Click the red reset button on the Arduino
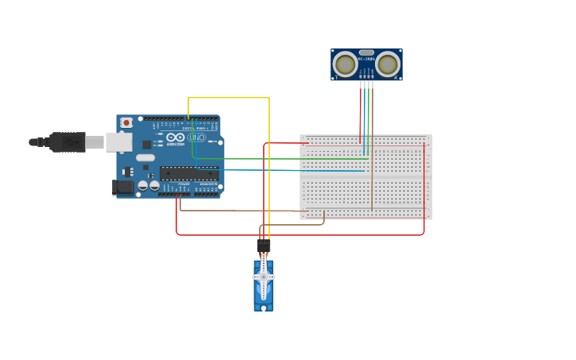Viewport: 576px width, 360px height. tap(126, 122)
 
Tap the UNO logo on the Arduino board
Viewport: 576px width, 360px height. tap(195, 137)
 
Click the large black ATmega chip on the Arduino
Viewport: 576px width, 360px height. tap(188, 172)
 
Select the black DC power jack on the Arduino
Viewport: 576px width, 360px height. tap(122, 187)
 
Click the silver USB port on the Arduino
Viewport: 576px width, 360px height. tap(118, 141)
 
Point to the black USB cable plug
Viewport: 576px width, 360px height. tap(67, 142)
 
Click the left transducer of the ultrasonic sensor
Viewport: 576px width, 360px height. tap(345, 64)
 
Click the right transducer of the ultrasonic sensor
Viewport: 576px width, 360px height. tap(388, 64)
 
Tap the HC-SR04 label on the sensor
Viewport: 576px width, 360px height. tap(366, 59)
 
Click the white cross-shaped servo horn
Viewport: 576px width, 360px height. tap(263, 277)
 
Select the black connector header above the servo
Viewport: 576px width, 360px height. tap(263, 246)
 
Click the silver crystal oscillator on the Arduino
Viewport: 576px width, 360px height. tap(145, 157)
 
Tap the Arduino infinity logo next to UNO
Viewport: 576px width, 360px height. tap(176, 137)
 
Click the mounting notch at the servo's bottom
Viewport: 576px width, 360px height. tap(263, 307)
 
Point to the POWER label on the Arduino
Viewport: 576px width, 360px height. tap(184, 184)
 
